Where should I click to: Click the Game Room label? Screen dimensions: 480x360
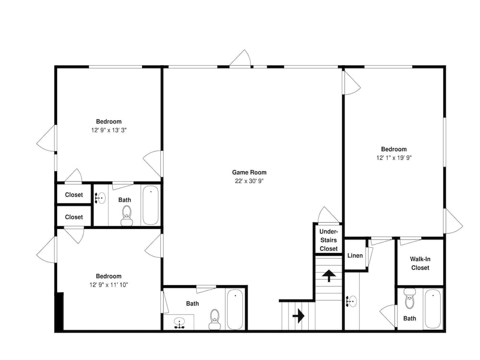[x=249, y=172]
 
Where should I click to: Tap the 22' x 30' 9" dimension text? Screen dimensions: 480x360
[x=249, y=181]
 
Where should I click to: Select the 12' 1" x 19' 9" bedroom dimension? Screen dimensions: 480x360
[x=394, y=157]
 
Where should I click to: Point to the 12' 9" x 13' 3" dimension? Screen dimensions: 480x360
[x=108, y=130]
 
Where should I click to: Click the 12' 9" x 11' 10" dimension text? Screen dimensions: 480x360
[x=108, y=285]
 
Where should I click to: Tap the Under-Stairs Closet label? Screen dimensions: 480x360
[x=328, y=240]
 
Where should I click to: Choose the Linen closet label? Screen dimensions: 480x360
[x=355, y=255]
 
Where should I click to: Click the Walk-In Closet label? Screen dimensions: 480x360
[x=420, y=263]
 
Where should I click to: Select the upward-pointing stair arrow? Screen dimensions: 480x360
[x=329, y=276]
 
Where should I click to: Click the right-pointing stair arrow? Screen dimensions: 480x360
[x=299, y=315]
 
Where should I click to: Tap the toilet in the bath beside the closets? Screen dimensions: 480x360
[x=127, y=216]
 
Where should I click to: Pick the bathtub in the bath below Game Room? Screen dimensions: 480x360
[x=235, y=309]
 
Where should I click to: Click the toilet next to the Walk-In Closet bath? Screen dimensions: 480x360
[x=409, y=299]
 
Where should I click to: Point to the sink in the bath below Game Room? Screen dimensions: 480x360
[x=179, y=323]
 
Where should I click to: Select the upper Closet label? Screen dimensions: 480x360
[x=74, y=195]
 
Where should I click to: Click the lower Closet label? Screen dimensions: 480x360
[x=74, y=217]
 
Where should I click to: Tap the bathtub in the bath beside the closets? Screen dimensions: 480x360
[x=151, y=205]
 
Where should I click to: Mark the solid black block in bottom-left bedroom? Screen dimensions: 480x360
[x=60, y=312]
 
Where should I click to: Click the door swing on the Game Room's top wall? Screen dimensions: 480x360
[x=241, y=58]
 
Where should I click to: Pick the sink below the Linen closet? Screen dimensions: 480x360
[x=351, y=301]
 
